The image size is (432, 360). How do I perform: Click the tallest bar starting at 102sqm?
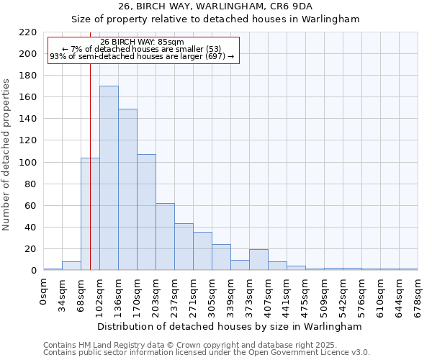click(109, 178)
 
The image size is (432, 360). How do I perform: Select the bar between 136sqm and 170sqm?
click(127, 189)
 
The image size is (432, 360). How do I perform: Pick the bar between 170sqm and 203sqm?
click(146, 212)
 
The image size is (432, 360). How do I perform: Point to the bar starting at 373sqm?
click(258, 260)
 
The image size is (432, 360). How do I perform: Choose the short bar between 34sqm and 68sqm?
click(71, 266)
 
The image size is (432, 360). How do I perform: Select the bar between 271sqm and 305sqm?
click(202, 251)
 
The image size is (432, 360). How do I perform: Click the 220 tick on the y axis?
click(28, 32)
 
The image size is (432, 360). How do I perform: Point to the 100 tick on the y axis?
click(28, 163)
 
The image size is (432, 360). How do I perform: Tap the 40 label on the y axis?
click(31, 228)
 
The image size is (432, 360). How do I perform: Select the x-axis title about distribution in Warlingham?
click(230, 326)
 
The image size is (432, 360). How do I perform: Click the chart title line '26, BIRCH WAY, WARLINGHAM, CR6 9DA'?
click(215, 6)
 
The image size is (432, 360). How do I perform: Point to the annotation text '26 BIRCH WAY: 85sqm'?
click(143, 42)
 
